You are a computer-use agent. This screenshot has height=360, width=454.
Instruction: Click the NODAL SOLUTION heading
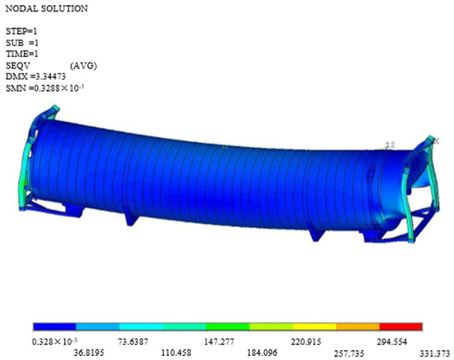(46, 9)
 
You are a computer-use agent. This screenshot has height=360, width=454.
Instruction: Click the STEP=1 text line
(21, 31)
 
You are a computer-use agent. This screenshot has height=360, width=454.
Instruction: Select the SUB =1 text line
(22, 43)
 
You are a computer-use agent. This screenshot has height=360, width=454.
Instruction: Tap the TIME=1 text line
(22, 54)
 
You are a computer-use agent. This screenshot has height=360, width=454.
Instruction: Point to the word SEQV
(18, 65)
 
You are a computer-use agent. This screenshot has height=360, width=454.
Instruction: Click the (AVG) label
(83, 66)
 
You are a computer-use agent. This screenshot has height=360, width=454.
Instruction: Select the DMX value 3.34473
(48, 77)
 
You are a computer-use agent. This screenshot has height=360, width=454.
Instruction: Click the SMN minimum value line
(45, 88)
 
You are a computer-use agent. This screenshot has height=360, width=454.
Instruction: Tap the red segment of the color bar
(400, 327)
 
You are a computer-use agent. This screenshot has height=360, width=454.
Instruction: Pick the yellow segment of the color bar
(314, 327)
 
